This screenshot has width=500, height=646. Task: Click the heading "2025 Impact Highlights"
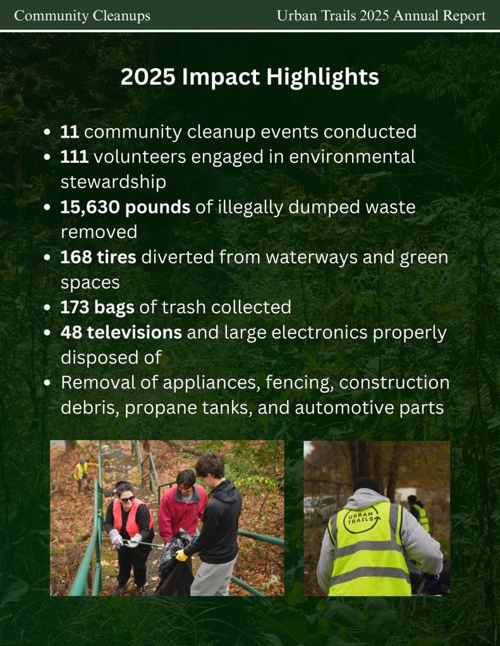(x=250, y=77)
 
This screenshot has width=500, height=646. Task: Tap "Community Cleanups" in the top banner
(x=82, y=16)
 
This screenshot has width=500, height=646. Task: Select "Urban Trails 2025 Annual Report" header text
(x=381, y=16)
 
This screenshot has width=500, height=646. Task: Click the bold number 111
(x=74, y=157)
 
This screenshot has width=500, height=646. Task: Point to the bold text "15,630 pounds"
(x=125, y=207)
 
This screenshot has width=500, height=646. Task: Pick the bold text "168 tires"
(x=98, y=257)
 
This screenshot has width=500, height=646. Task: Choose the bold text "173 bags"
(x=97, y=308)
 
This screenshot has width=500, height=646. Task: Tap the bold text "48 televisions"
(x=121, y=333)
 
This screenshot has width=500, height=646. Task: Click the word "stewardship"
(x=113, y=182)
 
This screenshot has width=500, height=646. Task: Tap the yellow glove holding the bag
(x=181, y=555)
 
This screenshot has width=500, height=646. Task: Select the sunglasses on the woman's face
(x=128, y=499)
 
